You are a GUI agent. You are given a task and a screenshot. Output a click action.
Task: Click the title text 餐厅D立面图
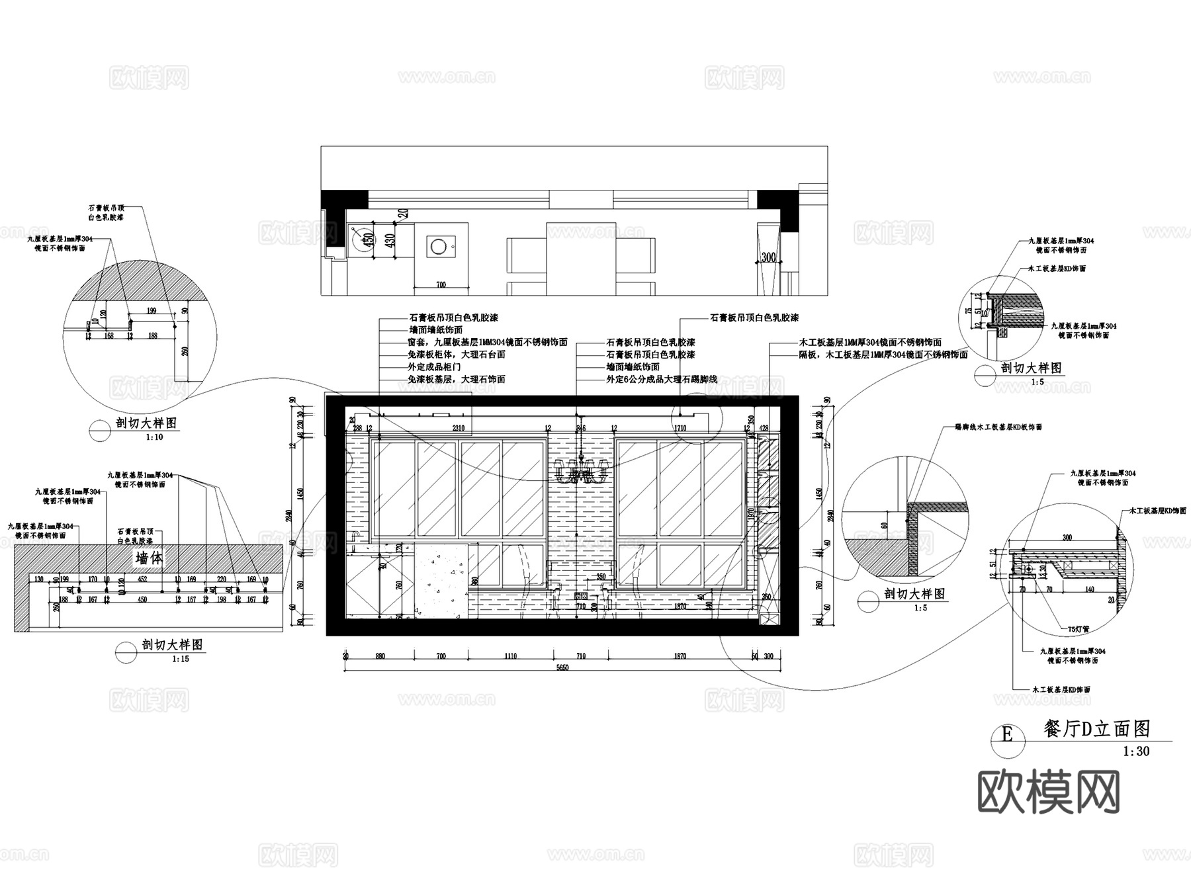click(1096, 729)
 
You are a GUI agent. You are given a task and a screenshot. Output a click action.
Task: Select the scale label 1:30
click(1136, 751)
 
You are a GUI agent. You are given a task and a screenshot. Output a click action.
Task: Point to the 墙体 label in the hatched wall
click(149, 558)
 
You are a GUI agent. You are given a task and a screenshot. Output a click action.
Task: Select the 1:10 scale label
click(154, 437)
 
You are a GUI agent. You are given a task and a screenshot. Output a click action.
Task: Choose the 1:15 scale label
click(180, 659)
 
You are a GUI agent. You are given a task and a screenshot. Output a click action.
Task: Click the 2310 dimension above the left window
click(458, 428)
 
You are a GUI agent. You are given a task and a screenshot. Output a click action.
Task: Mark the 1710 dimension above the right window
click(680, 428)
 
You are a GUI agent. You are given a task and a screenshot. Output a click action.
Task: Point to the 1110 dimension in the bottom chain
click(510, 656)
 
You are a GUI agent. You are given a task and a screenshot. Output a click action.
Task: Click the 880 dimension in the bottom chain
click(380, 656)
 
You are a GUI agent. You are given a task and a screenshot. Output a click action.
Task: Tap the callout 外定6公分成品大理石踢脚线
click(661, 380)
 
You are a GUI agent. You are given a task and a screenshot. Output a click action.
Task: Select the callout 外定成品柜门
click(435, 367)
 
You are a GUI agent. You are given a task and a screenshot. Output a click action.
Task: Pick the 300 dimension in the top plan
click(768, 257)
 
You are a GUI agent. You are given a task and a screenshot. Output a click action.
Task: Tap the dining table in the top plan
click(580, 258)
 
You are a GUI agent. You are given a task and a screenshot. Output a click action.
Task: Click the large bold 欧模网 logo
click(1048, 791)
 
